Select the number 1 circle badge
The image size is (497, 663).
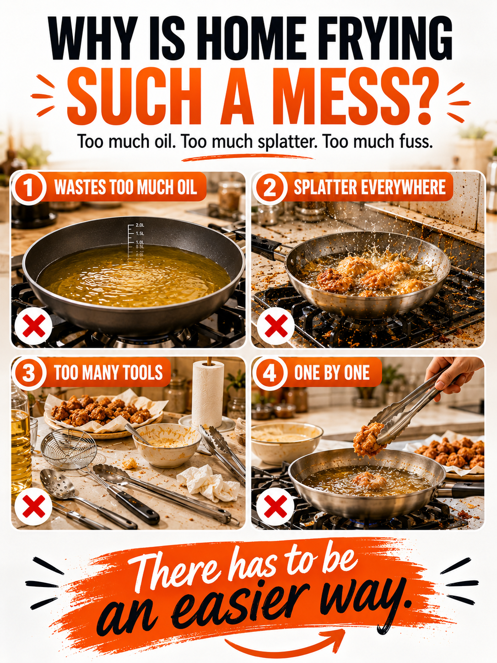[29, 188]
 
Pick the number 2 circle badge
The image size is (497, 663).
[270, 188]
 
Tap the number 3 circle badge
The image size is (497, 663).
[29, 373]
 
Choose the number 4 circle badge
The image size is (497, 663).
[270, 373]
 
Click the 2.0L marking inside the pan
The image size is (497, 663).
[140, 225]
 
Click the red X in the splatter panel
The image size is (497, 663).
[276, 325]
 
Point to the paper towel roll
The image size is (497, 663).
[208, 392]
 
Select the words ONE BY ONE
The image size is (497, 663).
[332, 373]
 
